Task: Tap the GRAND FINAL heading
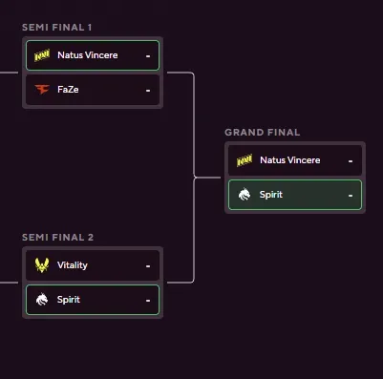click(263, 132)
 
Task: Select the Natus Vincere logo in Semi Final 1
click(41, 55)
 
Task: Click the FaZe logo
click(41, 90)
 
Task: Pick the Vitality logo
click(41, 265)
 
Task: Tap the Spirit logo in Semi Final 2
click(41, 300)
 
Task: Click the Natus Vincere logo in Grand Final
click(245, 160)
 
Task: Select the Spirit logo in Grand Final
click(245, 195)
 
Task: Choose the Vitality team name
click(73, 265)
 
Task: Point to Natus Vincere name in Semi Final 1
click(88, 55)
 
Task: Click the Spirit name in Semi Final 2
click(69, 300)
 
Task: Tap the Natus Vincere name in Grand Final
click(290, 160)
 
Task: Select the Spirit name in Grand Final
click(271, 195)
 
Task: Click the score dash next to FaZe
click(148, 91)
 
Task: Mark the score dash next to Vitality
click(148, 266)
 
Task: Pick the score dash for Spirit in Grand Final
click(351, 196)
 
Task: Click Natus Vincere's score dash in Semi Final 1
click(148, 56)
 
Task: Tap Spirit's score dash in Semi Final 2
click(148, 301)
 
